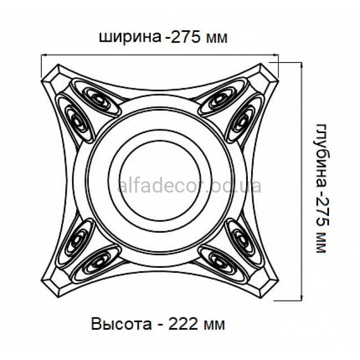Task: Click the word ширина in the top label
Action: coord(130,37)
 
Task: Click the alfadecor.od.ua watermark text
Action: coord(189,186)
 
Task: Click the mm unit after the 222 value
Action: coord(215,324)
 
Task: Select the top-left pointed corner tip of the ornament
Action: coord(41,81)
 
